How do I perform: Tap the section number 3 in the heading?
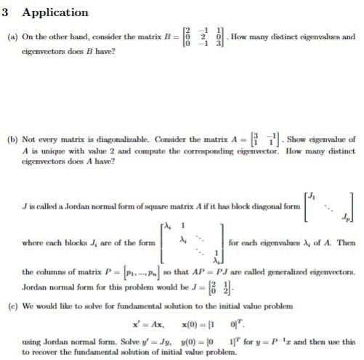tap(7, 12)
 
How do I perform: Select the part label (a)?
tap(11, 36)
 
